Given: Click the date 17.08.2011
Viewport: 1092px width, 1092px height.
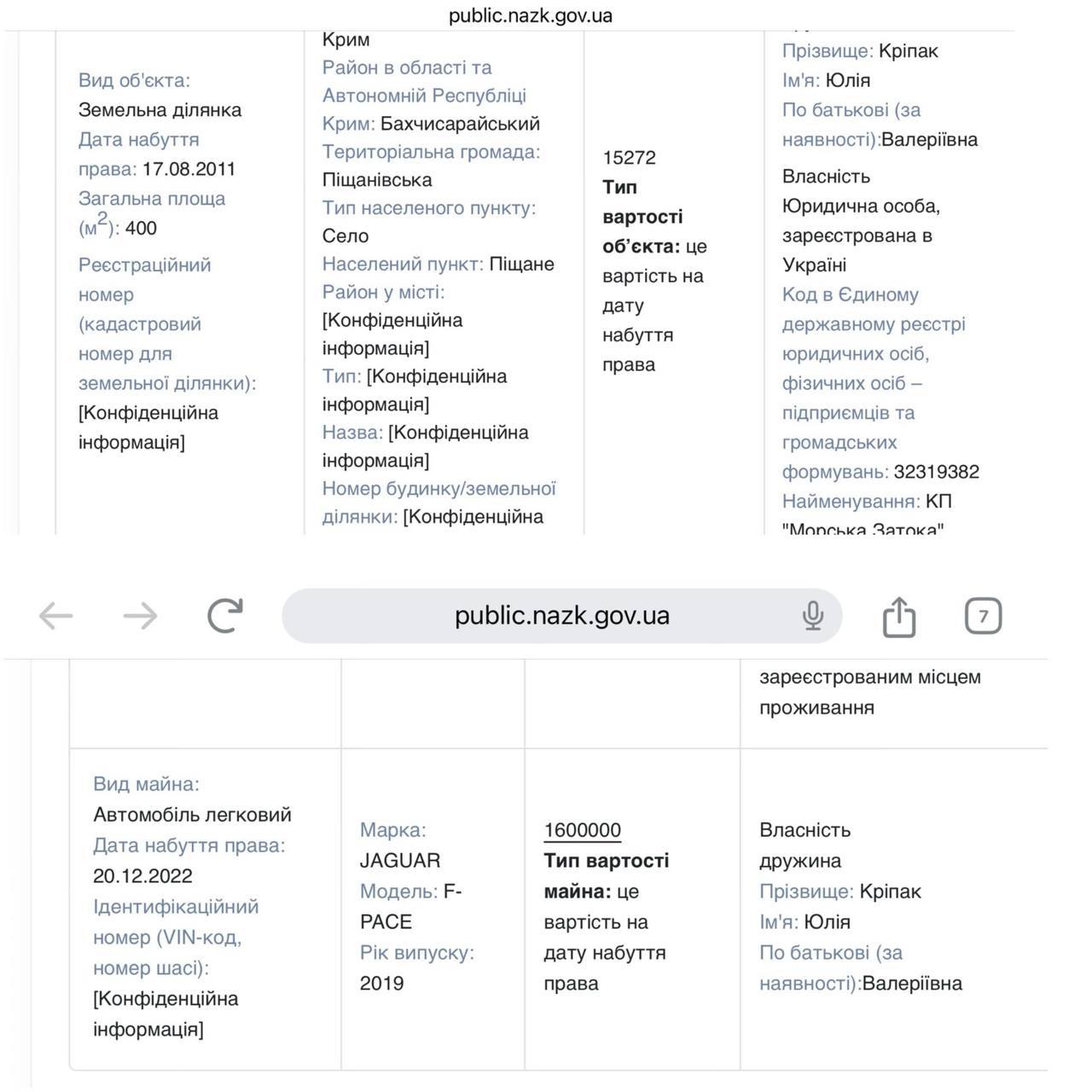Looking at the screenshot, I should click(189, 169).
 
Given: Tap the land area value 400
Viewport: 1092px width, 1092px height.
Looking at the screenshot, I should click(141, 228).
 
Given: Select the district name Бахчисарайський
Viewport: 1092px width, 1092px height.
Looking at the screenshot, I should click(460, 124).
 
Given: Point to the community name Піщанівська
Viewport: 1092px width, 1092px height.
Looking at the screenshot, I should click(377, 180).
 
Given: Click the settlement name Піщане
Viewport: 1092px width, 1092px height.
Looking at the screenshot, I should click(521, 264).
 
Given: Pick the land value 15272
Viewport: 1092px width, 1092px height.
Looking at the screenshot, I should click(629, 158).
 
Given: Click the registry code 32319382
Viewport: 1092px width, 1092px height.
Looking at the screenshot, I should click(936, 472).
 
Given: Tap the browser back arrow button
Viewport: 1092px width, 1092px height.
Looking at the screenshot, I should click(56, 616).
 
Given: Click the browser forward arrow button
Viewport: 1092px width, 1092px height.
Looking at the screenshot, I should click(140, 616).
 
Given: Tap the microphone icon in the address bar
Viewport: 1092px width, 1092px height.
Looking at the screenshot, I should click(812, 616).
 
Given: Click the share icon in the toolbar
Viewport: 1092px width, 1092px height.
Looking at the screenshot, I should click(898, 616).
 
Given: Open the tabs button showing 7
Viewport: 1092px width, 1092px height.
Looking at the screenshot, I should click(983, 616).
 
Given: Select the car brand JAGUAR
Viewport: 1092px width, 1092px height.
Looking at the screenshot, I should click(399, 861).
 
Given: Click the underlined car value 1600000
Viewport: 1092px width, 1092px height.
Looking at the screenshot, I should click(582, 830).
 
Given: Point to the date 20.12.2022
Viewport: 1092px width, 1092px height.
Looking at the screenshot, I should click(142, 876).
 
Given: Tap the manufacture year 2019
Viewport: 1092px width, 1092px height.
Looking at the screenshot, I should click(381, 984).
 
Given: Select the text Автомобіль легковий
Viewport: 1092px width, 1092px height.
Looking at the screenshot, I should click(192, 815).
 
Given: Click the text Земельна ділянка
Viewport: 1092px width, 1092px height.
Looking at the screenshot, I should click(160, 110).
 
